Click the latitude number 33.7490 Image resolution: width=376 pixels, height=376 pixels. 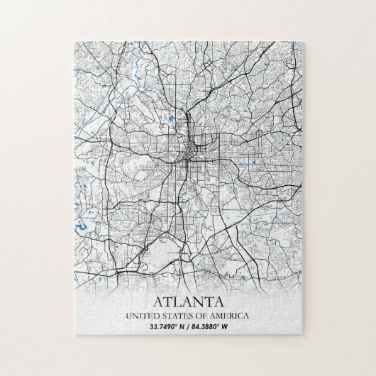point(162,327)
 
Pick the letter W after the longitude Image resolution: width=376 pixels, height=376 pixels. point(233,327)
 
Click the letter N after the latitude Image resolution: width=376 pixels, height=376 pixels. point(182,327)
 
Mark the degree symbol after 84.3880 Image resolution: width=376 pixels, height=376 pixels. point(226,325)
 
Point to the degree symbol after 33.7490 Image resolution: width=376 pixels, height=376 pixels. point(175,325)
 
